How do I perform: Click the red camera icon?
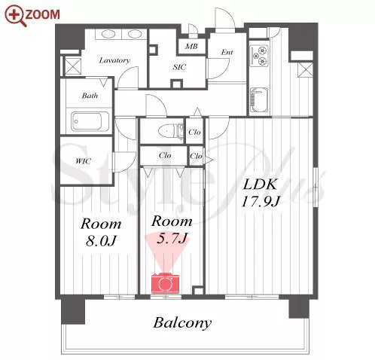tap(165, 283)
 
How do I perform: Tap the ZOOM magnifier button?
tap(32, 15)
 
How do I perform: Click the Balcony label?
tap(182, 323)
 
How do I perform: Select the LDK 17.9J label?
tap(261, 193)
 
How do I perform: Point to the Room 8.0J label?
tap(101, 232)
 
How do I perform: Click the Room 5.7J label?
tap(172, 229)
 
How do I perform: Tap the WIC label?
tap(84, 161)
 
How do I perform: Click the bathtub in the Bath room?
tap(90, 121)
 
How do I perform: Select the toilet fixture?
tap(171, 131)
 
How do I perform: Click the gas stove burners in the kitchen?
tap(260, 56)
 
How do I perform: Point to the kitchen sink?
tap(259, 100)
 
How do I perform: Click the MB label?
tap(191, 46)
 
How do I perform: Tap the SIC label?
tap(179, 67)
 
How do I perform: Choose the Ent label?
tap(227, 52)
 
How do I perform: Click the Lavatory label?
tap(114, 60)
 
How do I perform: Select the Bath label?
tap(90, 96)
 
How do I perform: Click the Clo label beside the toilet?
tap(194, 132)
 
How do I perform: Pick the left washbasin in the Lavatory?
tap(108, 34)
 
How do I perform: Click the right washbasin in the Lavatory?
tap(134, 34)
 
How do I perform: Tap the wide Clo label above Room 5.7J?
tap(165, 156)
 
